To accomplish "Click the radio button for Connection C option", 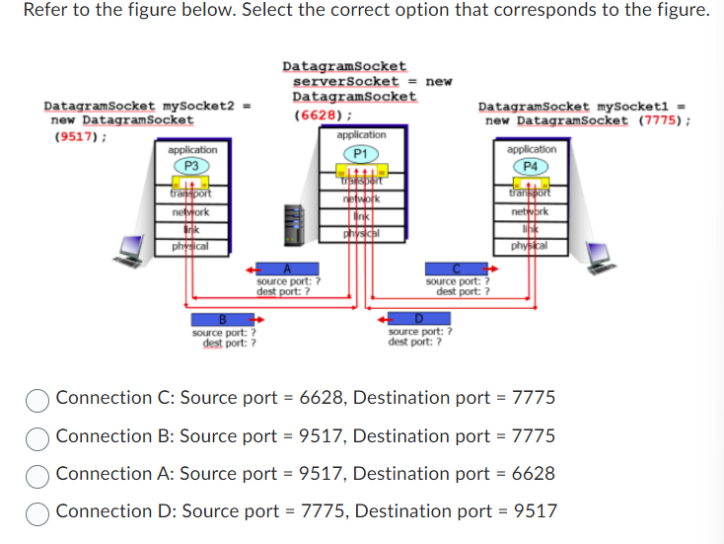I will pyautogui.click(x=38, y=399).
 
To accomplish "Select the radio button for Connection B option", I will pyautogui.click(x=38, y=436).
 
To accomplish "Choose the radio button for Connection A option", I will pyautogui.click(x=38, y=474).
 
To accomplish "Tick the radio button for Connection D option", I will pyautogui.click(x=38, y=511).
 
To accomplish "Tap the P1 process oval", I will pyautogui.click(x=361, y=153).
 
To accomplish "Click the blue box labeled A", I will pyautogui.click(x=287, y=270).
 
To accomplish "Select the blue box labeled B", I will pyautogui.click(x=223, y=320).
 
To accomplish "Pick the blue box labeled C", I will pyautogui.click(x=455, y=269).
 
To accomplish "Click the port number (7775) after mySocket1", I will pyautogui.click(x=659, y=120).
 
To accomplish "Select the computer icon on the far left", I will pyautogui.click(x=129, y=252).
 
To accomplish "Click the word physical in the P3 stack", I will pyautogui.click(x=185, y=246).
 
